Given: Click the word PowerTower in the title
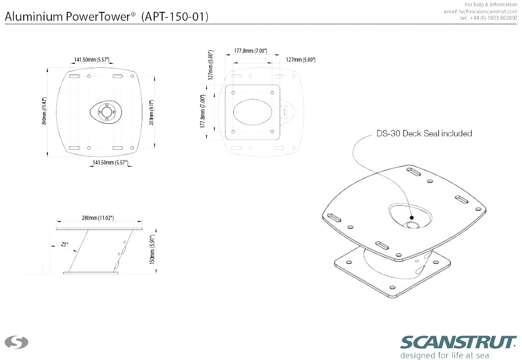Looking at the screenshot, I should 98,17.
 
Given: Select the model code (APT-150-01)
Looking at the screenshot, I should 175,17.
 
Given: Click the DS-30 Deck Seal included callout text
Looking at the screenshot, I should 424,134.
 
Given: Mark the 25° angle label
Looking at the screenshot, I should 65,244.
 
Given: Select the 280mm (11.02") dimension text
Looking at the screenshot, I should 98,218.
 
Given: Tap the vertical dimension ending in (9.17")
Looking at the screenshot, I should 151,112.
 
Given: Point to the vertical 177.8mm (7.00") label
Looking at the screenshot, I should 203,112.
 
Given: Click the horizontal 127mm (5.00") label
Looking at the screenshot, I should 301,59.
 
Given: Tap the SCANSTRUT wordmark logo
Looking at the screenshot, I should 458,342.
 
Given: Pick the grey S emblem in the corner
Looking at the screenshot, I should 16,342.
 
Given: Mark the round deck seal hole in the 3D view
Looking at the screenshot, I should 412,224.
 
